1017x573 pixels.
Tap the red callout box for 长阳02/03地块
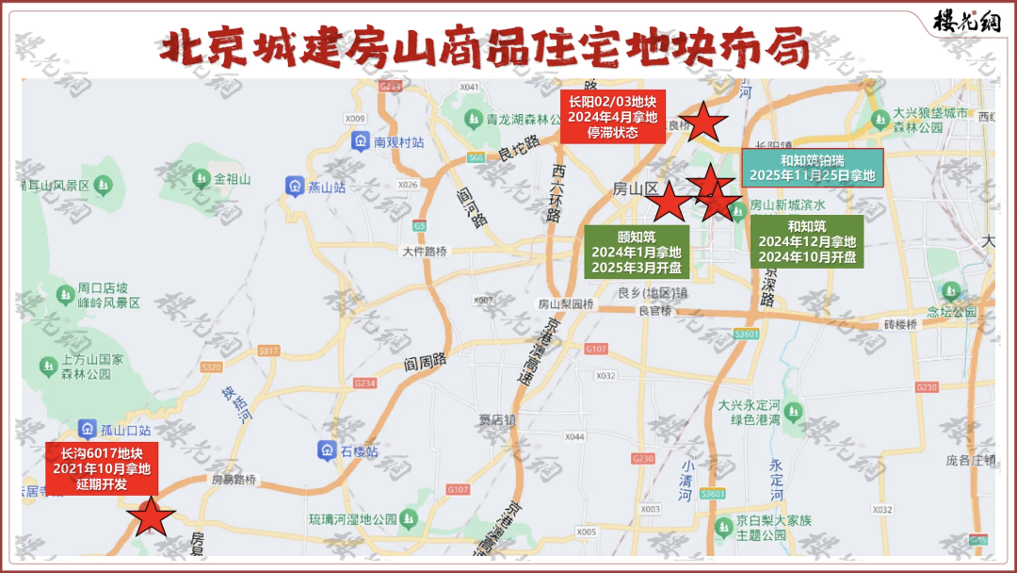tap(612, 117)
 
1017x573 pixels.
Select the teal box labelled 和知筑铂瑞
tap(813, 168)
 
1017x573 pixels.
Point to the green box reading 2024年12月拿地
tap(807, 241)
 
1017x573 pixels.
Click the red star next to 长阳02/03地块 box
tap(702, 123)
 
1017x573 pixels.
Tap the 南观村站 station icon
tap(359, 141)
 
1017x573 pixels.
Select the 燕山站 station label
tap(327, 187)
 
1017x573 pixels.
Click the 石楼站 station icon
tap(326, 450)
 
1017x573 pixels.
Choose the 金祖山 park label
tap(232, 179)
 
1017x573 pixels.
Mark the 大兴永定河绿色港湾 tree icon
tap(793, 411)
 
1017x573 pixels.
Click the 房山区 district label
tap(636, 188)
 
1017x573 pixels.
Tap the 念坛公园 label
tap(952, 312)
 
